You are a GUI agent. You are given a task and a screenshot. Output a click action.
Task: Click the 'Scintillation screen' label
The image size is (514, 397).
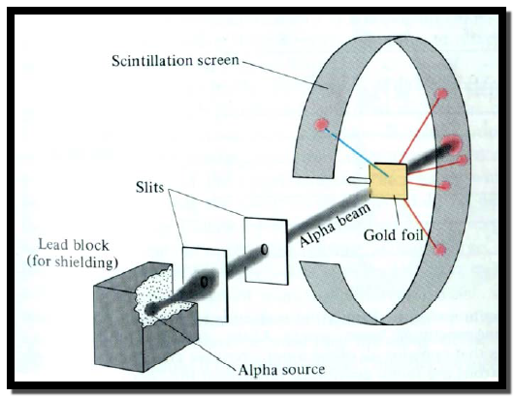point(175,61)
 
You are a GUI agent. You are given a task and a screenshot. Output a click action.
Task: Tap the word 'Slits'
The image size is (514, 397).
point(149,187)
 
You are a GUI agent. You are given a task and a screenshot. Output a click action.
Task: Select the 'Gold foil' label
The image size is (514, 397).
point(394,234)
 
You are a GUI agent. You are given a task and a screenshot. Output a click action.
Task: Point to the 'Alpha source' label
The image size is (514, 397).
point(281,369)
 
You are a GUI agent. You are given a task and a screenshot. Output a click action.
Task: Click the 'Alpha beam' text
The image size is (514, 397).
point(335,225)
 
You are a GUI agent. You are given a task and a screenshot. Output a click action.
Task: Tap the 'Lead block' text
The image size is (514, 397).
point(74,245)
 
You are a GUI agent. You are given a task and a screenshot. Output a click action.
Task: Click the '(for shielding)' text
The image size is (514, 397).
point(73,262)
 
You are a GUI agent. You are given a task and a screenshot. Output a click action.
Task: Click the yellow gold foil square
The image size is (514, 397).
point(389,181)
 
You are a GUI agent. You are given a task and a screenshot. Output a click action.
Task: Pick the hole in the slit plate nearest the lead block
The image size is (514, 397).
point(204,282)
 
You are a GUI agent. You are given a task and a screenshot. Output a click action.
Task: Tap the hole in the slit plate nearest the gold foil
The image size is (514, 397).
point(264,250)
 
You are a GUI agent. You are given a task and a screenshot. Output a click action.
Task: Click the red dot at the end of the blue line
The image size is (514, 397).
point(321,125)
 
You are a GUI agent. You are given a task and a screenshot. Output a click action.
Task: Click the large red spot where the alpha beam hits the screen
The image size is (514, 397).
point(452,144)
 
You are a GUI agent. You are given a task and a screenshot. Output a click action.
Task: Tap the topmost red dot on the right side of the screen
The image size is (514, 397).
point(441,94)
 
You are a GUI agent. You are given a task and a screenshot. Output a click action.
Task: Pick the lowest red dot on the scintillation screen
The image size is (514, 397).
point(440,250)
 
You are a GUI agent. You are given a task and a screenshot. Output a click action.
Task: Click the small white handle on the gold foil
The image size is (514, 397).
point(359,180)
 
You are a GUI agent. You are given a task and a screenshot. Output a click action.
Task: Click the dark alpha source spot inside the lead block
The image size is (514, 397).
point(150,308)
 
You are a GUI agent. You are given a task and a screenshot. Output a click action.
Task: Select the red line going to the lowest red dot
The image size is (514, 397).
point(422,224)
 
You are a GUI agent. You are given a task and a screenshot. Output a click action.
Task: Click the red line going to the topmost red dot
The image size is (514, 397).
point(420,128)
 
